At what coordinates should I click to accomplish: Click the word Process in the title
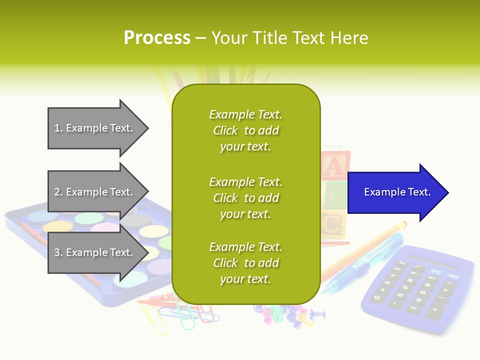click(157, 38)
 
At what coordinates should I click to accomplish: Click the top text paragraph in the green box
click(245, 130)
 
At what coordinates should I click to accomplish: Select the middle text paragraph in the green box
click(245, 198)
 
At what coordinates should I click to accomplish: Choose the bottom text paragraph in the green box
click(245, 263)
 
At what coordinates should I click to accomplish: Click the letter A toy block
click(335, 165)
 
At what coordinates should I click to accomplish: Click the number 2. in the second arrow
click(58, 192)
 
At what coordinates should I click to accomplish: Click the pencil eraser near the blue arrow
click(402, 224)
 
